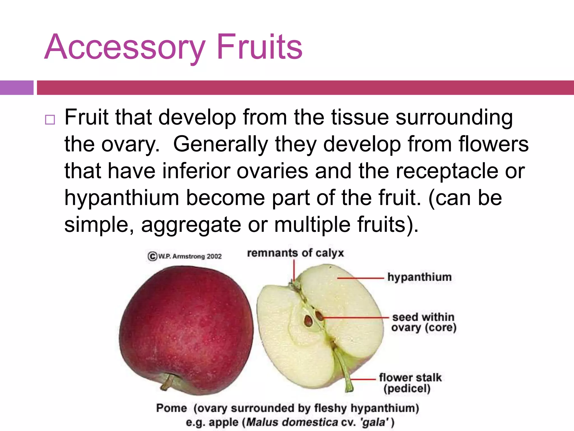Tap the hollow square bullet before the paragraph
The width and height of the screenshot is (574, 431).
(x=50, y=120)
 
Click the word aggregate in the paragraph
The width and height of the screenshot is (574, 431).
(x=191, y=224)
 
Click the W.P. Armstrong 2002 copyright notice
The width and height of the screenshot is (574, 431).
(x=185, y=256)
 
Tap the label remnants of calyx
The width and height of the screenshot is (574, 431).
(x=295, y=253)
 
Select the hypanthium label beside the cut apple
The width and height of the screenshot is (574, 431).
(x=420, y=277)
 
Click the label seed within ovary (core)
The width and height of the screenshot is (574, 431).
(x=424, y=322)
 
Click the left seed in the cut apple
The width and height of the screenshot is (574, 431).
(x=308, y=320)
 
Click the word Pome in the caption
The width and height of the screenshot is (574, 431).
(x=172, y=408)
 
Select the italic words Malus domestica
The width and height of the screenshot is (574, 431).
(x=292, y=422)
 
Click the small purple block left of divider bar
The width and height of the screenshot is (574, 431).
(x=17, y=88)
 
